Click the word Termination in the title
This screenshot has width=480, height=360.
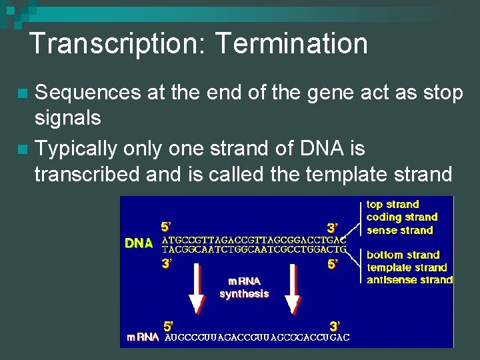pos(291,44)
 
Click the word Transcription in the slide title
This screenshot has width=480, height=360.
pos(119,44)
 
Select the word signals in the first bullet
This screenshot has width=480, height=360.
pos(68,118)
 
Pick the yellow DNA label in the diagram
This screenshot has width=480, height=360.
pos(139,243)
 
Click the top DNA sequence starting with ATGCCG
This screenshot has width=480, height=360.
pos(255,239)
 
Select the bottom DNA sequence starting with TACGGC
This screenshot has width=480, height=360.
pos(255,249)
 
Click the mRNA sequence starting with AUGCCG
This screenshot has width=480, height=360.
pos(257,337)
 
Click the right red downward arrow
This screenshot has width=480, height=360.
pos(292,288)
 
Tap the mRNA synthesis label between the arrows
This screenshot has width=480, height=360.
pos(244,287)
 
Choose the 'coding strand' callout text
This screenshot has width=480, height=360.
pos(402,217)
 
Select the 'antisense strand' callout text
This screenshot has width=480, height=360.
pos(409,280)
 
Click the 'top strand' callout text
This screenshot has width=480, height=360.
pos(393,205)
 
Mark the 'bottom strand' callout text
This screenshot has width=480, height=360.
pos(403,255)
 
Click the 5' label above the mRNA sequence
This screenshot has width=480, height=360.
pos(169,326)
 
